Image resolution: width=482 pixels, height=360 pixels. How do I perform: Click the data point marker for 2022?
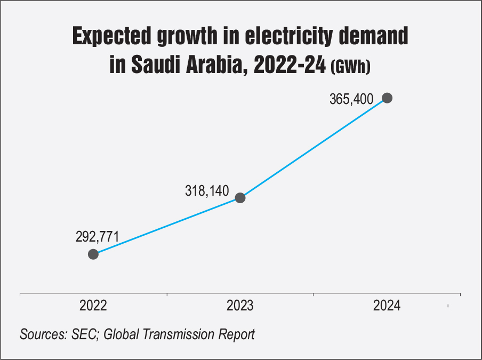coord(93,254)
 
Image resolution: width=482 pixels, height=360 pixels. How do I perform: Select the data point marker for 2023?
coord(240,198)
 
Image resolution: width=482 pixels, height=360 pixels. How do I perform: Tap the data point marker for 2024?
coord(387,98)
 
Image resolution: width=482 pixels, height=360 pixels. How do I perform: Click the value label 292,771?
coord(97,236)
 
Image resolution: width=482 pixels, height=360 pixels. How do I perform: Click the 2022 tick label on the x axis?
coord(93,306)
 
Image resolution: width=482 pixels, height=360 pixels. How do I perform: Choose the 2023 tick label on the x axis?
coord(240,306)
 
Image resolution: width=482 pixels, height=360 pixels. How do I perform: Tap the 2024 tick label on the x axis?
coord(387,306)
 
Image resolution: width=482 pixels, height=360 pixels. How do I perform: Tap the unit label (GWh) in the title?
coord(350,67)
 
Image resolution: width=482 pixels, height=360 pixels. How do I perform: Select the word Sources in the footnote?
coord(41,335)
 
